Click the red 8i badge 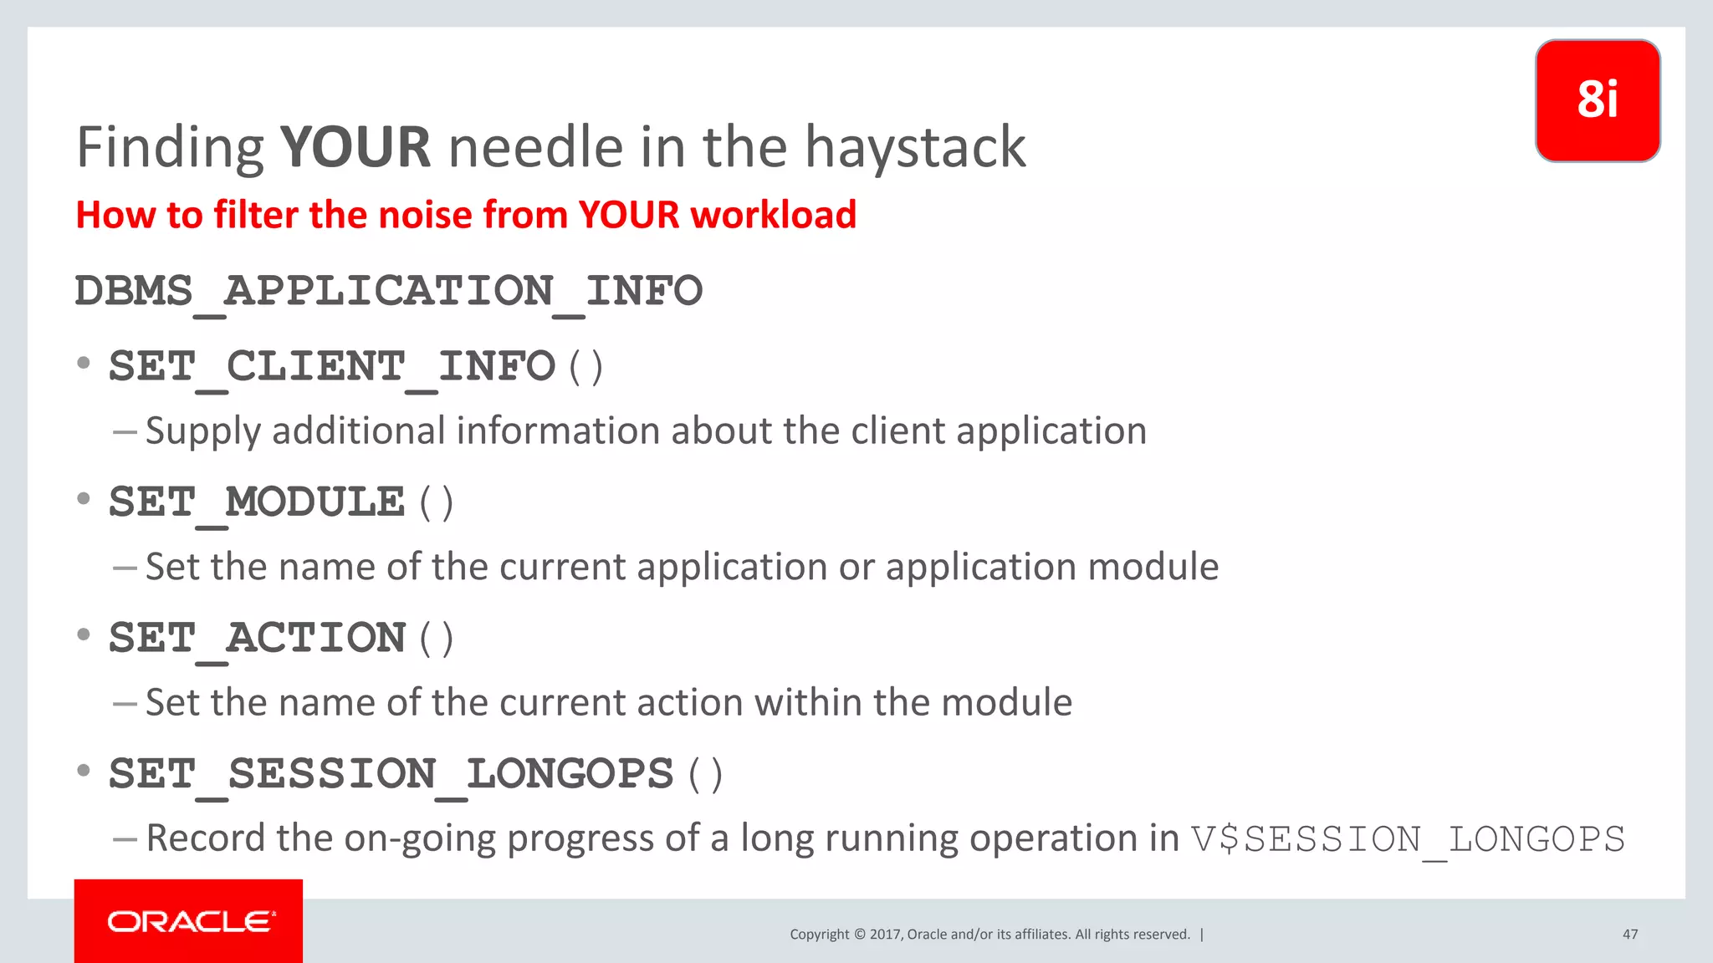click(x=1598, y=100)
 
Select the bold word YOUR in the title click(x=355, y=147)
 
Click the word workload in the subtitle click(x=774, y=215)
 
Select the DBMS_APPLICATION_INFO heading click(x=389, y=292)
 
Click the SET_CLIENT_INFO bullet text click(x=332, y=367)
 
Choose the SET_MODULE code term click(x=257, y=503)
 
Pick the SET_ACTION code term click(x=258, y=639)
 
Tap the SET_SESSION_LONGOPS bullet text click(x=391, y=774)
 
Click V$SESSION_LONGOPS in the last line click(x=1409, y=839)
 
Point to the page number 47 click(x=1630, y=935)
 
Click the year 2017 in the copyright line click(x=884, y=935)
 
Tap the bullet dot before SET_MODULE click(x=84, y=499)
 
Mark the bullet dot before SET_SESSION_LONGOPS click(x=84, y=770)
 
